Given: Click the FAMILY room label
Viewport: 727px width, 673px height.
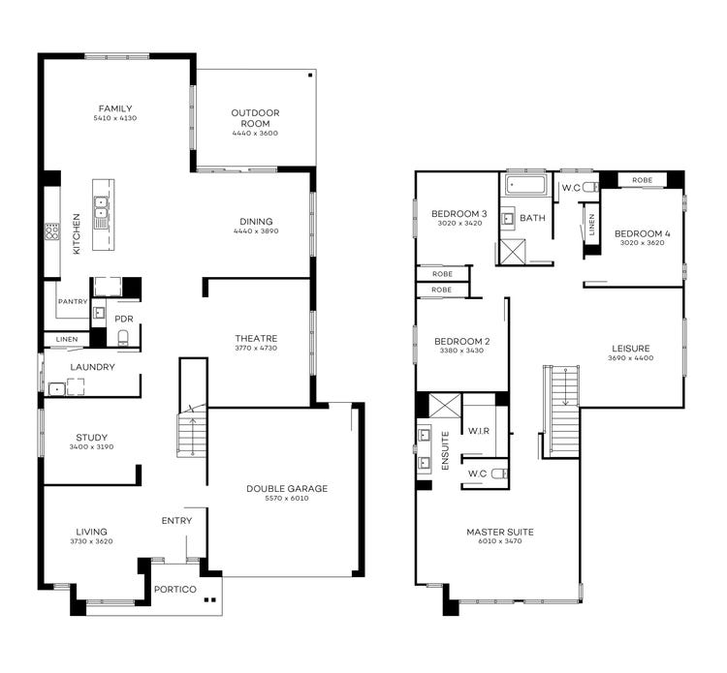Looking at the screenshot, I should tap(113, 108).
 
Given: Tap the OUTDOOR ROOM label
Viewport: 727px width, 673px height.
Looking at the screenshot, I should tap(255, 118).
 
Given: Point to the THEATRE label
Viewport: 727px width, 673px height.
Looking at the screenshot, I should tap(256, 338).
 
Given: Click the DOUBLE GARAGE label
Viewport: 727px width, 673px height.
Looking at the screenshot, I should tap(286, 489).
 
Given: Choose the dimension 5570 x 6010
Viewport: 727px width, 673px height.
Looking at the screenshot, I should tap(286, 500).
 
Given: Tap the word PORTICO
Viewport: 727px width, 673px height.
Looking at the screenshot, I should tap(175, 590).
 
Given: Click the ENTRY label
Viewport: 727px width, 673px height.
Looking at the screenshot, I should tap(176, 521).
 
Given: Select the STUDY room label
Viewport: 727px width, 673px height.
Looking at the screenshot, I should tap(91, 437).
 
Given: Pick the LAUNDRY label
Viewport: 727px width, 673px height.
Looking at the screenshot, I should tap(92, 367).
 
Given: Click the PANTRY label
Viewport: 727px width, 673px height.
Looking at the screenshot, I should tap(73, 302).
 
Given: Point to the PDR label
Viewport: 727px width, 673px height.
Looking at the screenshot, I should tap(123, 319).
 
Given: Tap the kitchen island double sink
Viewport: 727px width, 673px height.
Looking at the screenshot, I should tap(101, 208).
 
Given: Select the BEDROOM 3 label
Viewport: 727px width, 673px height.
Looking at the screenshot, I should tap(459, 213).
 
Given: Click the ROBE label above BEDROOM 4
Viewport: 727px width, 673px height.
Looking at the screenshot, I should tap(642, 180).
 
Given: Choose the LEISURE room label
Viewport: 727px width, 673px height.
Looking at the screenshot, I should tap(630, 348).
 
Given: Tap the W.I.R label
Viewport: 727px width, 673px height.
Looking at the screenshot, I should tap(478, 429).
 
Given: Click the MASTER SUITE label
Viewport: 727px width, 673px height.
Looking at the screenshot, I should tap(499, 532).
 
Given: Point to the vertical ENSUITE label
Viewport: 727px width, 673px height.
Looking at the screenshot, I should tap(446, 450).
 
